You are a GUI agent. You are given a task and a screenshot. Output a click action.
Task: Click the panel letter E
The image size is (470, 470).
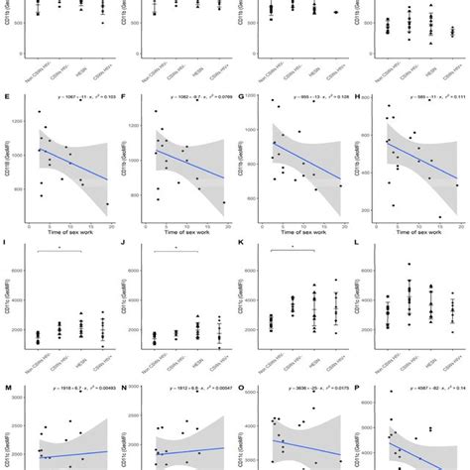[8, 98]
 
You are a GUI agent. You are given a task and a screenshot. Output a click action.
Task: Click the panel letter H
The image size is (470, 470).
[358, 98]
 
